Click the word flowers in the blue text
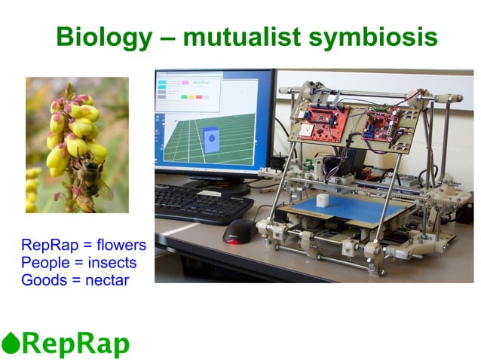(x=121, y=246)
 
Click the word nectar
(x=108, y=280)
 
